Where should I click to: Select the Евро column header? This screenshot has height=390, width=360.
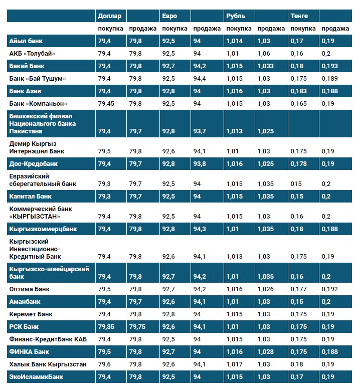pyautogui.click(x=169, y=16)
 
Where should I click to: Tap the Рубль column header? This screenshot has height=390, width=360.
pyautogui.click(x=236, y=16)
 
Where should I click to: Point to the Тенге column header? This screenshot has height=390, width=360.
pyautogui.click(x=299, y=16)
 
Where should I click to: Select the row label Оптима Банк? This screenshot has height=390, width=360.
pyautogui.click(x=30, y=289)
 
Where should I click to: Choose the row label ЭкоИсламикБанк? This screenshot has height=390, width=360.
pyautogui.click(x=36, y=376)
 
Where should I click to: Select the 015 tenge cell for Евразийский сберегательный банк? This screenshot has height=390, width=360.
pyautogui.click(x=296, y=184)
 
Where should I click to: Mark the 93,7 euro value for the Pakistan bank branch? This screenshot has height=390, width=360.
pyautogui.click(x=200, y=131)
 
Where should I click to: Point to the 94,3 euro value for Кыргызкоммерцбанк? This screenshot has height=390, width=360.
pyautogui.click(x=200, y=229)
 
